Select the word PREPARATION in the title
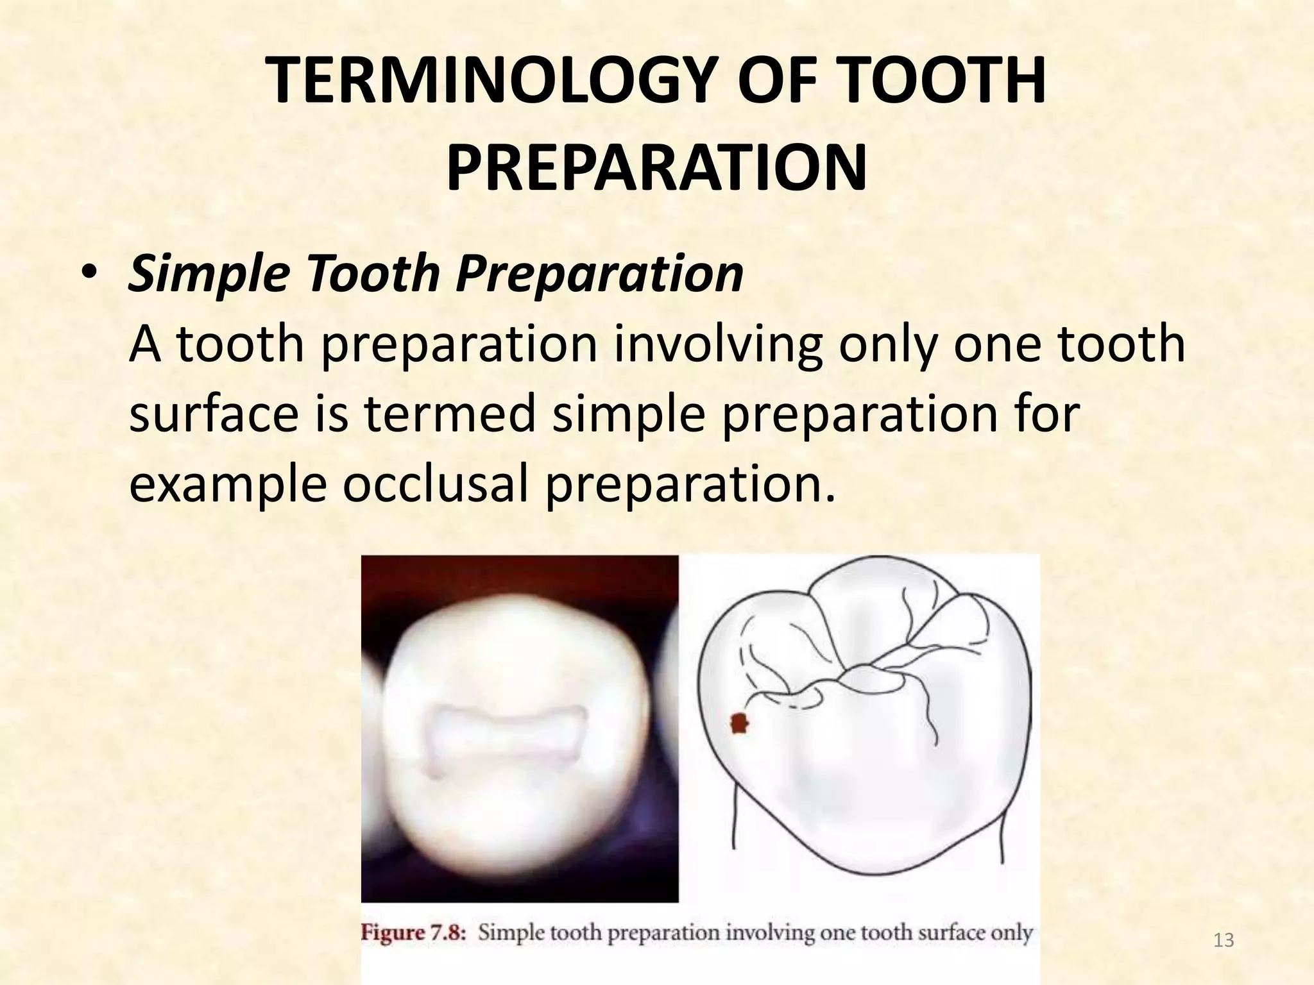click(656, 168)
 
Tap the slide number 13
click(1224, 941)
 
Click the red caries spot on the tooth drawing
click(740, 724)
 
